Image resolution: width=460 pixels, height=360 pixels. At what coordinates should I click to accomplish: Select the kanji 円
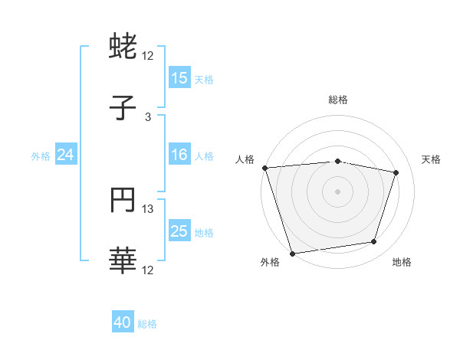pos(123,201)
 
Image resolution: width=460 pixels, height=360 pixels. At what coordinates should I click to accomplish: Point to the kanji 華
pos(123,261)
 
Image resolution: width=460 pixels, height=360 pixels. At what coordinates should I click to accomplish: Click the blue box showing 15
pos(179,78)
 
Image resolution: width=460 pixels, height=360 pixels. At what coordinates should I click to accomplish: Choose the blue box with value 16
pos(179,155)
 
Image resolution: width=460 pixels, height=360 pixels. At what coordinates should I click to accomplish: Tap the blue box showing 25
pos(179,232)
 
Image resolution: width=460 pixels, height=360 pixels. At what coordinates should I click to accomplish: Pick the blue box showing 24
pos(66,155)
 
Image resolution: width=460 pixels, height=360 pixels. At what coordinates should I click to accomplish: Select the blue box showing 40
pos(123,323)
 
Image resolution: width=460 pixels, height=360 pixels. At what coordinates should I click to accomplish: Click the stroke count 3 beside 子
pos(148,116)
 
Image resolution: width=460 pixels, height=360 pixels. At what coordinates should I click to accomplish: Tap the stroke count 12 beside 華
pos(148,270)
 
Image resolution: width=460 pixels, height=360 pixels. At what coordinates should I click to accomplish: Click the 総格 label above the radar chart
pos(337,100)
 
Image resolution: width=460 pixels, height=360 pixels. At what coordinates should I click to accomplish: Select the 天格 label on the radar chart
pos(431,159)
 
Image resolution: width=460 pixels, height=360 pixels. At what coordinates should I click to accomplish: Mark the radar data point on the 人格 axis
pos(264,168)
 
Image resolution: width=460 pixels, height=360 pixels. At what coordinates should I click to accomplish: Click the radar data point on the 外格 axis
pos(292,253)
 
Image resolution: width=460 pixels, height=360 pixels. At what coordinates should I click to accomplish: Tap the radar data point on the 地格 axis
pos(374,242)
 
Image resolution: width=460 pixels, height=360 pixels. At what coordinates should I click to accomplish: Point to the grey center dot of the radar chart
pos(337,191)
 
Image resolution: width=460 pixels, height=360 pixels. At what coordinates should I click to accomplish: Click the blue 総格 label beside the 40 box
pos(147,324)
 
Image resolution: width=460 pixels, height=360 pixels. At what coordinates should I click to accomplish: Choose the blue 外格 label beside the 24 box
pos(41,156)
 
